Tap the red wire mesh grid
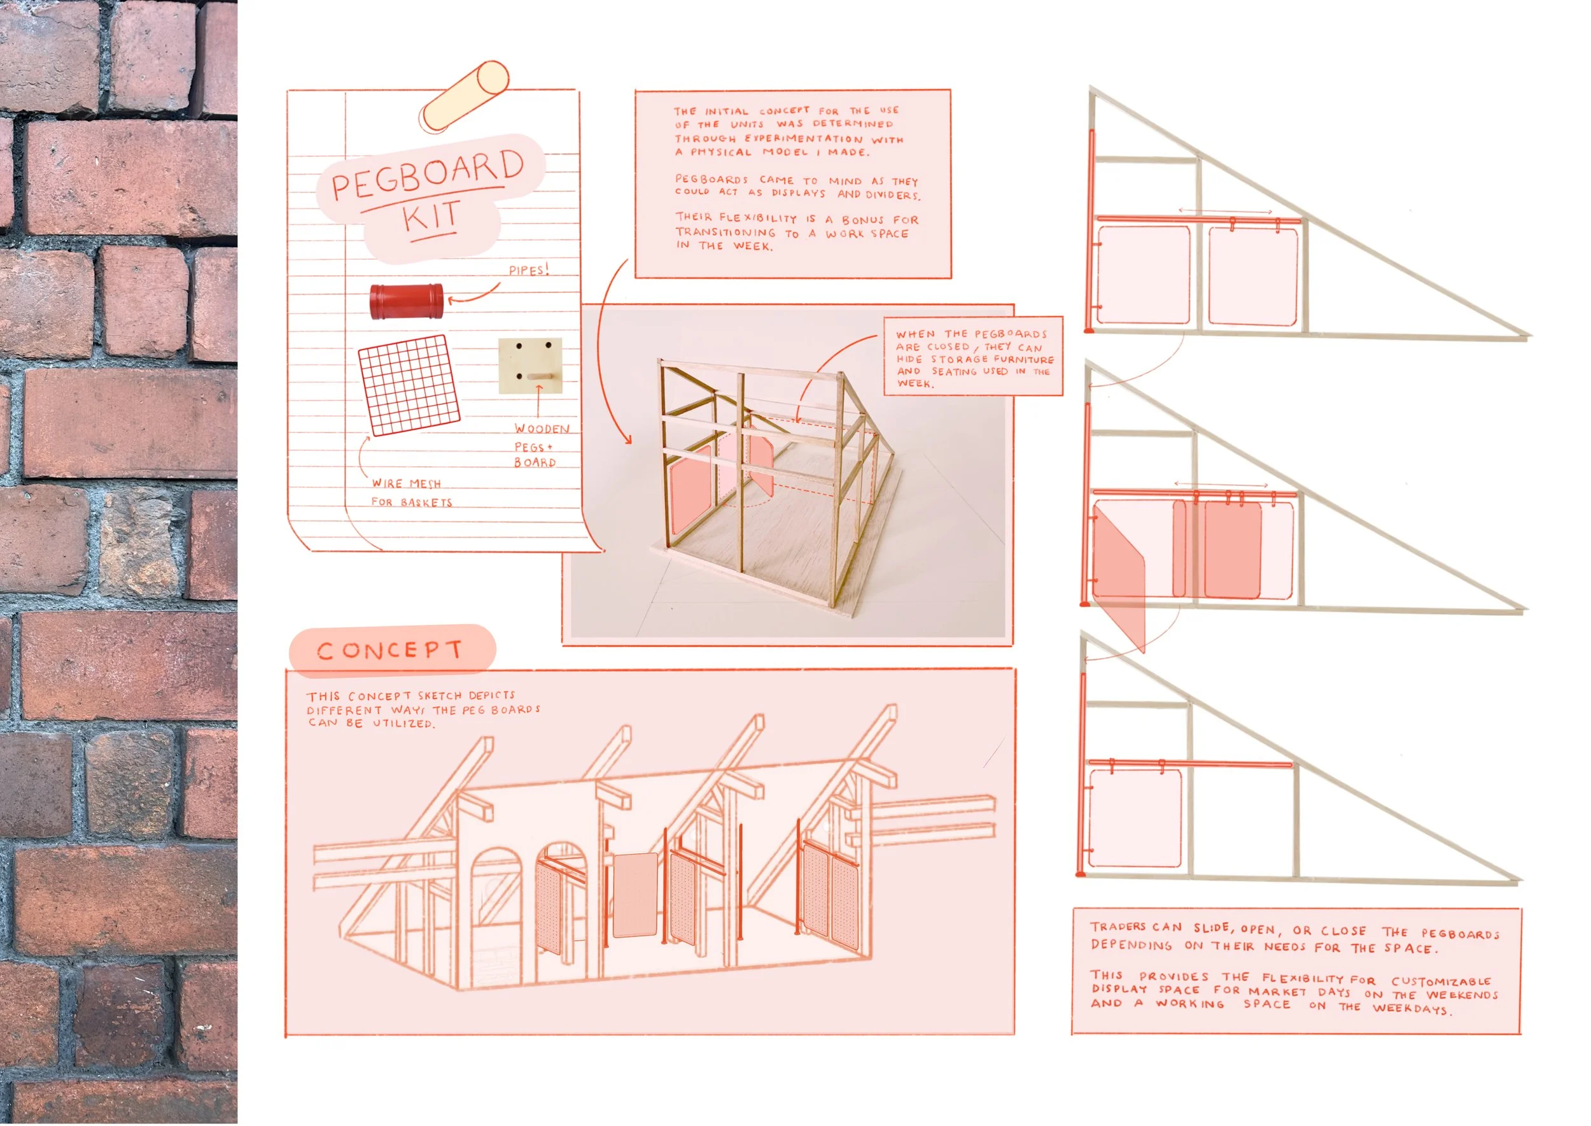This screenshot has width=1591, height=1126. point(409,385)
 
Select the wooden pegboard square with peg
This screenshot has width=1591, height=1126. point(530,366)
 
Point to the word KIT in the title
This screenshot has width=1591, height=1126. point(431,217)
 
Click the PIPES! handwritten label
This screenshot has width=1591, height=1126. point(529,269)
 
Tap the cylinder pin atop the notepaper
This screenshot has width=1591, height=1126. point(466,96)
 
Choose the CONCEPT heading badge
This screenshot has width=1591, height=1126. point(391,650)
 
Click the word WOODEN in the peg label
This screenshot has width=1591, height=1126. point(542,429)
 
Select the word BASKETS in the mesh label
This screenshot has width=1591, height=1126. point(426,502)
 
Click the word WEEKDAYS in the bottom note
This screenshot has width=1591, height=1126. point(1412,1008)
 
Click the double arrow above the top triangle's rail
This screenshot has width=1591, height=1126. point(1225,211)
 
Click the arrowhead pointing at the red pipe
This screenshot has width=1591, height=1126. point(452,300)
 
